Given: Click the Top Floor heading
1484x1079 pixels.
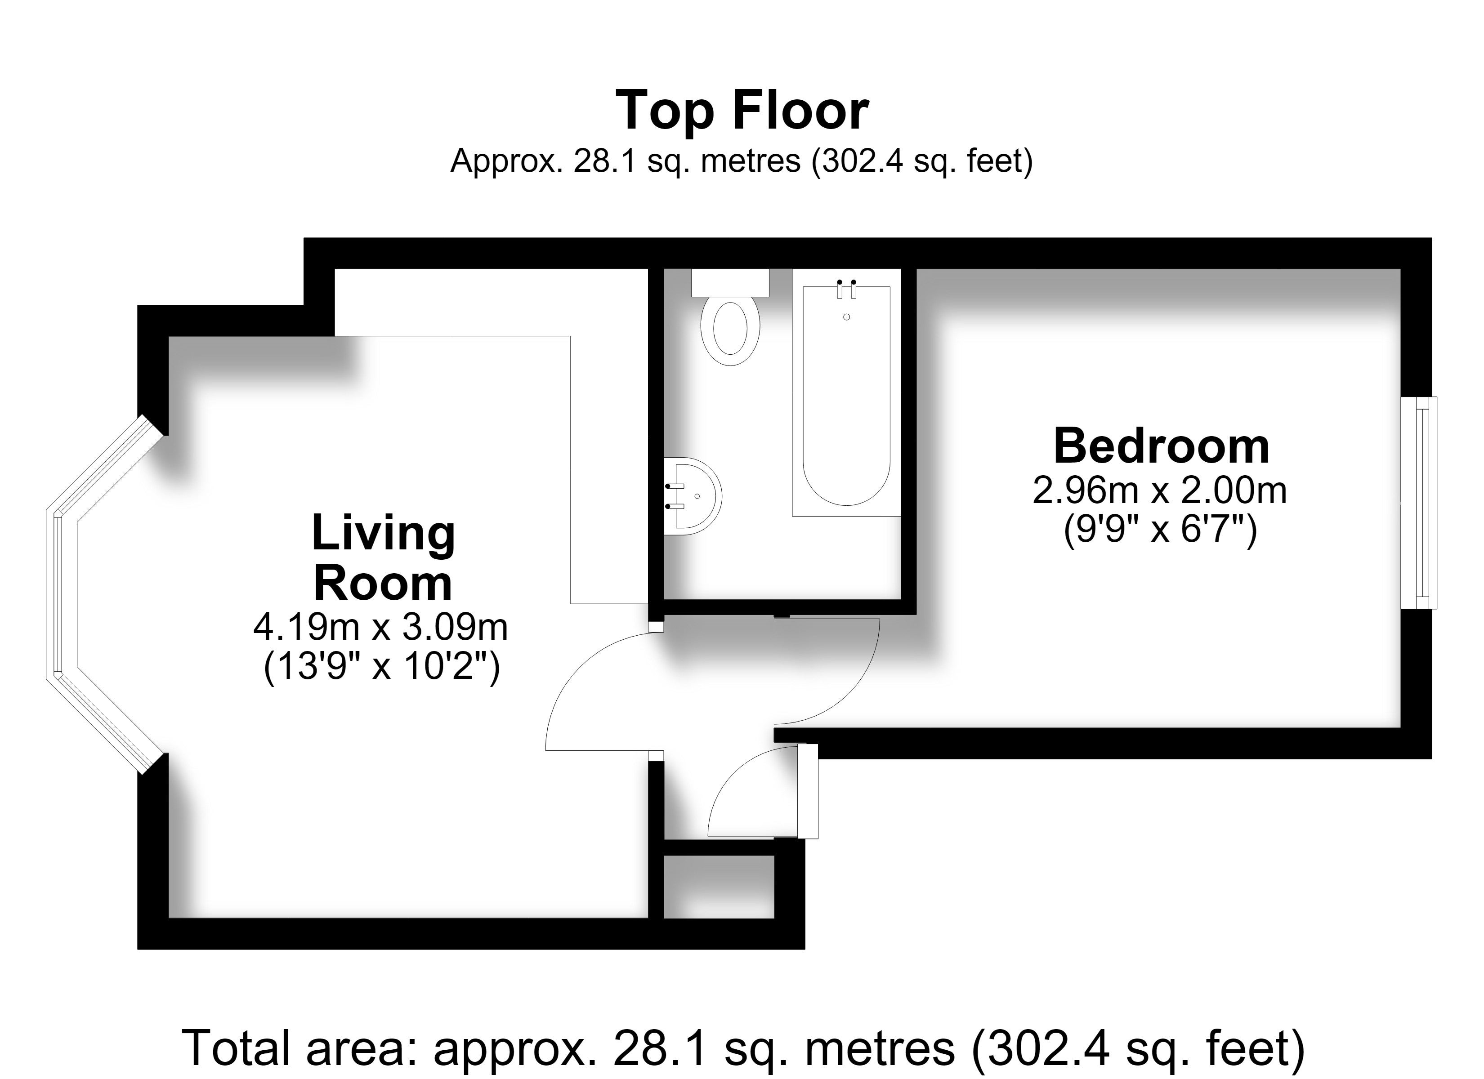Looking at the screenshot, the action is point(742,111).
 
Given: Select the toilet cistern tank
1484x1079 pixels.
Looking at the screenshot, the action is point(730,283).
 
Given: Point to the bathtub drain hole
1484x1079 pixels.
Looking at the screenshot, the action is point(847,317).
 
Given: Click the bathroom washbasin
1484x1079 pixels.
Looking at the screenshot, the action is point(692,496).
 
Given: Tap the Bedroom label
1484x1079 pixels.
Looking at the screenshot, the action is point(1162,446).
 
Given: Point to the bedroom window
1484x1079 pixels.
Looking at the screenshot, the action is point(1418,503).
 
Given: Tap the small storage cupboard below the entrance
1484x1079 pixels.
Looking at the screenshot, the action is point(719,886).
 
